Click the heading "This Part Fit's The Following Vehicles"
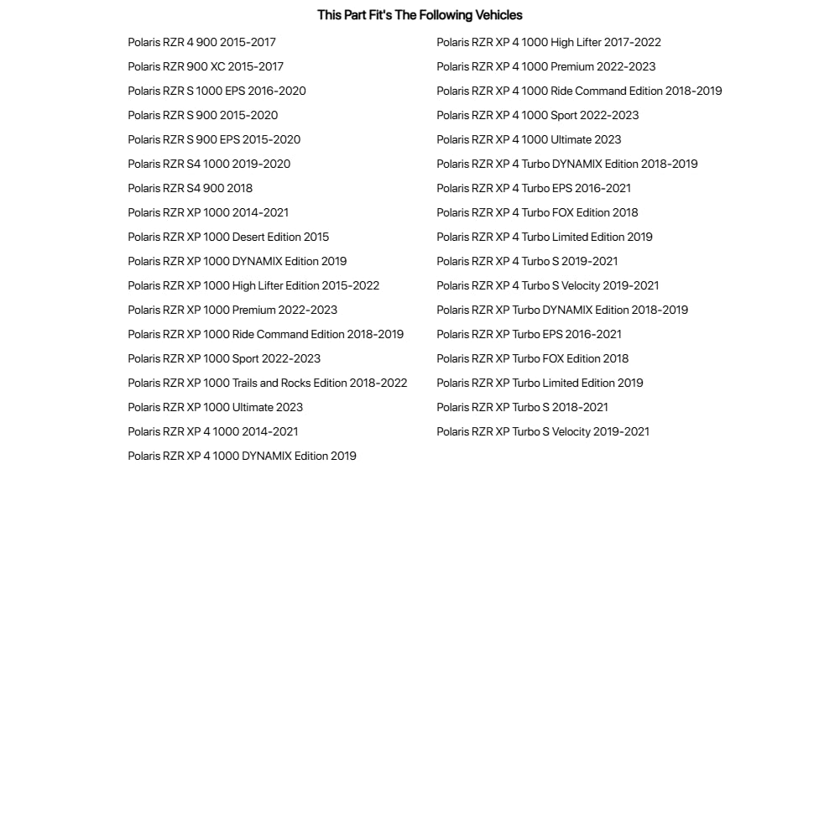420,15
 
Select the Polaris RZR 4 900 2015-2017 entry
201,42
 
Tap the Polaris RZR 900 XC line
206,66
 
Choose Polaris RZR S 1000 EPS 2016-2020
217,91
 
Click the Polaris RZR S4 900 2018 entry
190,188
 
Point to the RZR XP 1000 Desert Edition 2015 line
228,237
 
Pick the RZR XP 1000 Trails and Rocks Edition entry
267,383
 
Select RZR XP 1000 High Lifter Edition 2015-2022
253,285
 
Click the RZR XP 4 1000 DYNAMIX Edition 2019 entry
242,456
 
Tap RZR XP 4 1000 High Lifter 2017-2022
549,42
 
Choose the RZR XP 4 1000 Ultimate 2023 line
529,139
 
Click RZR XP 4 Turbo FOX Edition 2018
537,212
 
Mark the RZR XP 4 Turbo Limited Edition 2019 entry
545,237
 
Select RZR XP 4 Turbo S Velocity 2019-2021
547,285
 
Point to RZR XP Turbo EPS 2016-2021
529,334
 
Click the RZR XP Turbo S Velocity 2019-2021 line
543,431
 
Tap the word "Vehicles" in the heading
498,15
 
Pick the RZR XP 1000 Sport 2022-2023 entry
224,358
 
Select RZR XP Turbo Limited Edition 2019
540,383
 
